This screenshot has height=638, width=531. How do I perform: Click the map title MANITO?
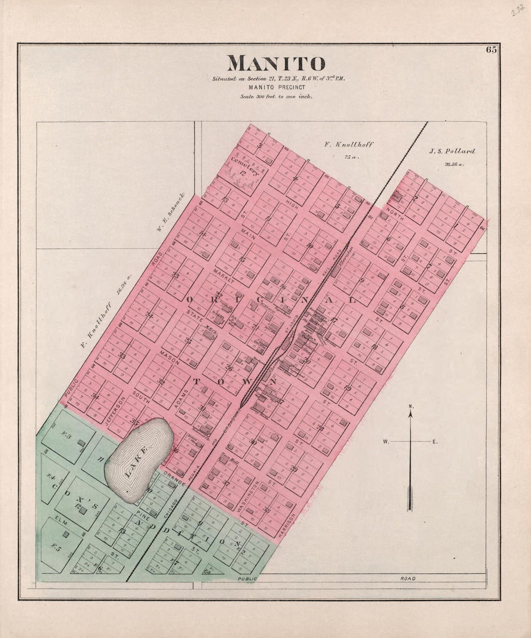pos(276,64)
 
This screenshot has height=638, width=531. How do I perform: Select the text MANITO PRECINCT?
pos(277,87)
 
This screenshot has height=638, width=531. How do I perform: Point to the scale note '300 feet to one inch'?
pos(277,96)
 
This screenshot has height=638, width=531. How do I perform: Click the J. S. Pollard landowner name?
pos(452,152)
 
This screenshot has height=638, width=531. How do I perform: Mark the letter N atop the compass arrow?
pos(411,406)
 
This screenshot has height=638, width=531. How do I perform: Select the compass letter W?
pos(386,442)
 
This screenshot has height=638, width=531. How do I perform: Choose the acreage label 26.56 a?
pos(454,165)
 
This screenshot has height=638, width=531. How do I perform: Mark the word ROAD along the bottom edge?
pos(407,578)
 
